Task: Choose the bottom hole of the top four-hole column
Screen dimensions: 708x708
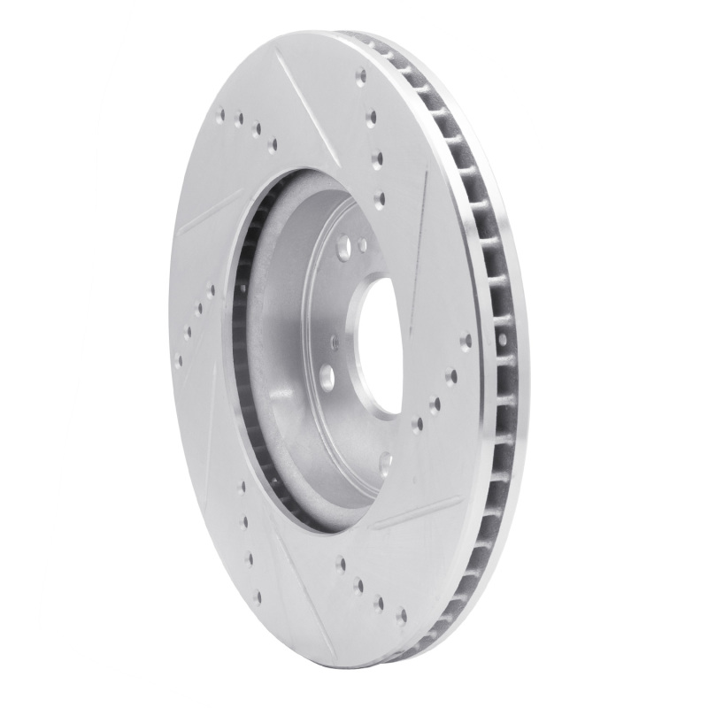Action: pos(380,198)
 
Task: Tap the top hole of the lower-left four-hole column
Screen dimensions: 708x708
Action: pos(240,486)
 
